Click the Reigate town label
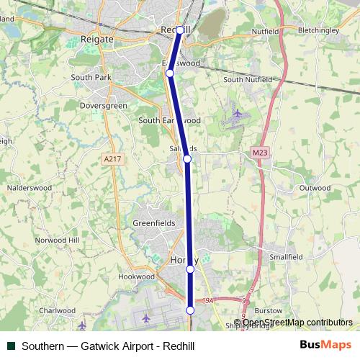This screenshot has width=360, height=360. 97,38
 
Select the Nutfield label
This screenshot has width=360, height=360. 265,32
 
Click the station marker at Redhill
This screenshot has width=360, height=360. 180,30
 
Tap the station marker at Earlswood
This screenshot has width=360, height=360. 170,73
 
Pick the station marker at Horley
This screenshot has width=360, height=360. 190,269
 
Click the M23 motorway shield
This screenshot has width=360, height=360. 261,153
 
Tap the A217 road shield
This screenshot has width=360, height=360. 112,158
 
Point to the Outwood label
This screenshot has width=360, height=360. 314,188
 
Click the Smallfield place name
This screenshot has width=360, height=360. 286,256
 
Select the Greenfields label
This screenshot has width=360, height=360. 153,224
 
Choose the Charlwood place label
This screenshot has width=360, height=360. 57,311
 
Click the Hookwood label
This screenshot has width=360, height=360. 137,276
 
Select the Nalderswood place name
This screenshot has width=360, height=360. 30,187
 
